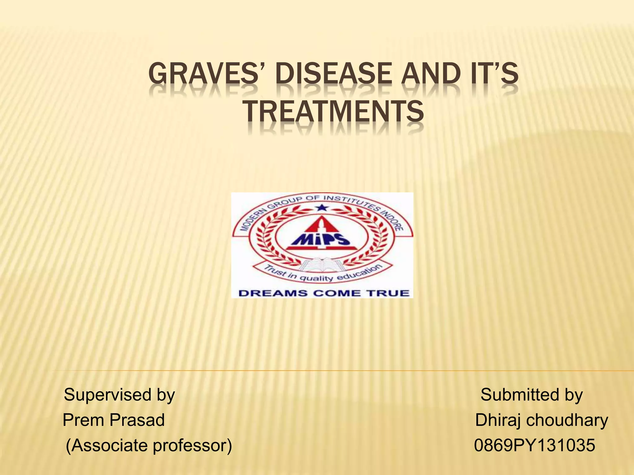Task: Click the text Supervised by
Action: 119,395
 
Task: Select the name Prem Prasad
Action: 114,420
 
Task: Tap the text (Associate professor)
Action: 149,446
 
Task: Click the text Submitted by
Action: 532,395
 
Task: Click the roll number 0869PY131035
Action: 535,446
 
